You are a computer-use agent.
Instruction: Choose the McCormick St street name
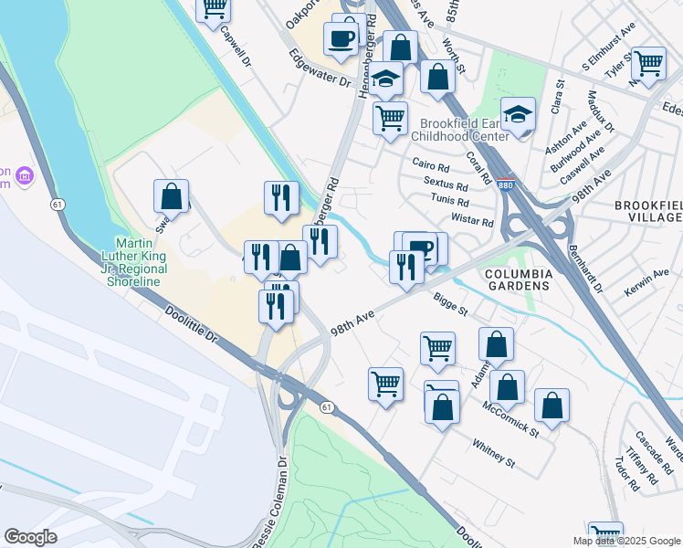tap(510, 418)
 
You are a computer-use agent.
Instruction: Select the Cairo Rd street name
tap(431, 167)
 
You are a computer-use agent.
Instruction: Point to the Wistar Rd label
tap(472, 221)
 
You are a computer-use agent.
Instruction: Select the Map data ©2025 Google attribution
tap(626, 540)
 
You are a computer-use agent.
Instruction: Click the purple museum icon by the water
tap(25, 174)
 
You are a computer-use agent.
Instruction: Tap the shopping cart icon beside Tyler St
tap(648, 65)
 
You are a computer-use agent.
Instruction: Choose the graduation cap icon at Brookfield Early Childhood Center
tap(518, 115)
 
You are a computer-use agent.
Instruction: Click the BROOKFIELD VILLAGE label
tap(648, 211)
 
